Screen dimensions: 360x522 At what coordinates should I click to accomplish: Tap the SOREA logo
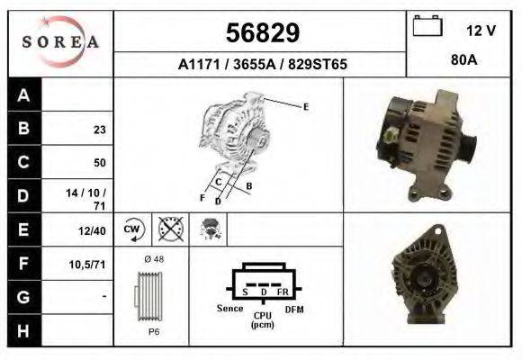point(60,42)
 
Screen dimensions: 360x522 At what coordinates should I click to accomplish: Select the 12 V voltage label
point(481,31)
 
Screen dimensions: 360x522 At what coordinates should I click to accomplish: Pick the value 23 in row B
point(99,130)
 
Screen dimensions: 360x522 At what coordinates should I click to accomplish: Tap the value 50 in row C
point(99,163)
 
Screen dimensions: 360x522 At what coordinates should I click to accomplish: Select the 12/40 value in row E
point(94,230)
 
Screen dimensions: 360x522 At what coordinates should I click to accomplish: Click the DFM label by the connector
point(293,309)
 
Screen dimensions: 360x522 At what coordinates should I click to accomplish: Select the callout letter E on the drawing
point(305,107)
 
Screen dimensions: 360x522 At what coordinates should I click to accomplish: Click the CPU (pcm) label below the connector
point(263,319)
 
